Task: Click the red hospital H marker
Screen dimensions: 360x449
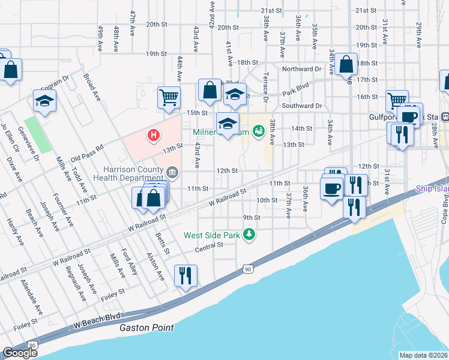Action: coord(154,136)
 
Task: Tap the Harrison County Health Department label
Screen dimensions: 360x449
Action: coord(133,173)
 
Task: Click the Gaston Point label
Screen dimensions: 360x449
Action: coord(146,328)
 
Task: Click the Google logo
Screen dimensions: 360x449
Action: coord(20,353)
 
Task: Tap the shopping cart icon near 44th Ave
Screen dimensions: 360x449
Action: coord(169,96)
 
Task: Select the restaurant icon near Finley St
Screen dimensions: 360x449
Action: coord(185,275)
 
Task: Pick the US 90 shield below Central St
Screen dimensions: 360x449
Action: coord(247,270)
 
